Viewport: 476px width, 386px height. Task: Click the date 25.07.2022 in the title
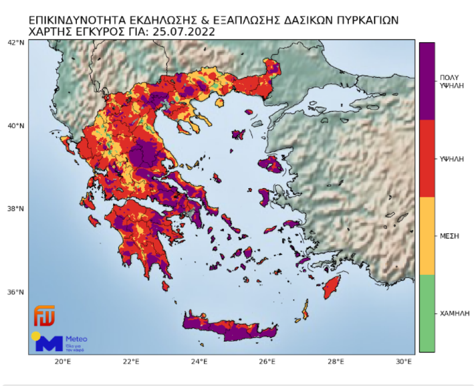pos(183,32)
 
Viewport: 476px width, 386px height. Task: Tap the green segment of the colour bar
pos(427,313)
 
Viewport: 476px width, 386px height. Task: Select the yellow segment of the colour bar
pos(427,235)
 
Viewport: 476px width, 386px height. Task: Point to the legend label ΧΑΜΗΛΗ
pos(453,313)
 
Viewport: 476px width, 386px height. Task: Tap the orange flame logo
pos(45,316)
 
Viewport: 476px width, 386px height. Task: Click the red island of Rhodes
pos(332,287)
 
